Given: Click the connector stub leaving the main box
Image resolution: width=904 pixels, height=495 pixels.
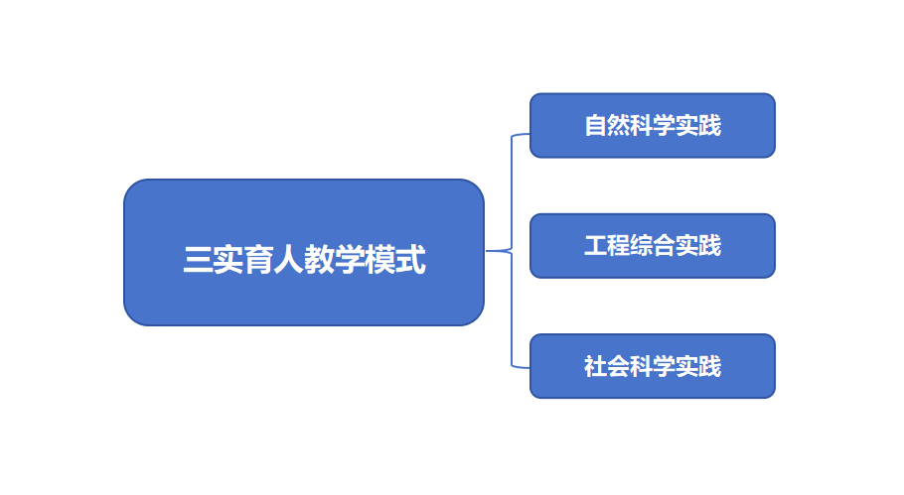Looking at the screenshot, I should click(x=496, y=251).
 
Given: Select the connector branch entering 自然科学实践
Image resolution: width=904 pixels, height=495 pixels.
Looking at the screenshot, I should click(x=521, y=134).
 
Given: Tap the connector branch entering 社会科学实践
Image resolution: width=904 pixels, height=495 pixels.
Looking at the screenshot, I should click(x=521, y=367).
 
